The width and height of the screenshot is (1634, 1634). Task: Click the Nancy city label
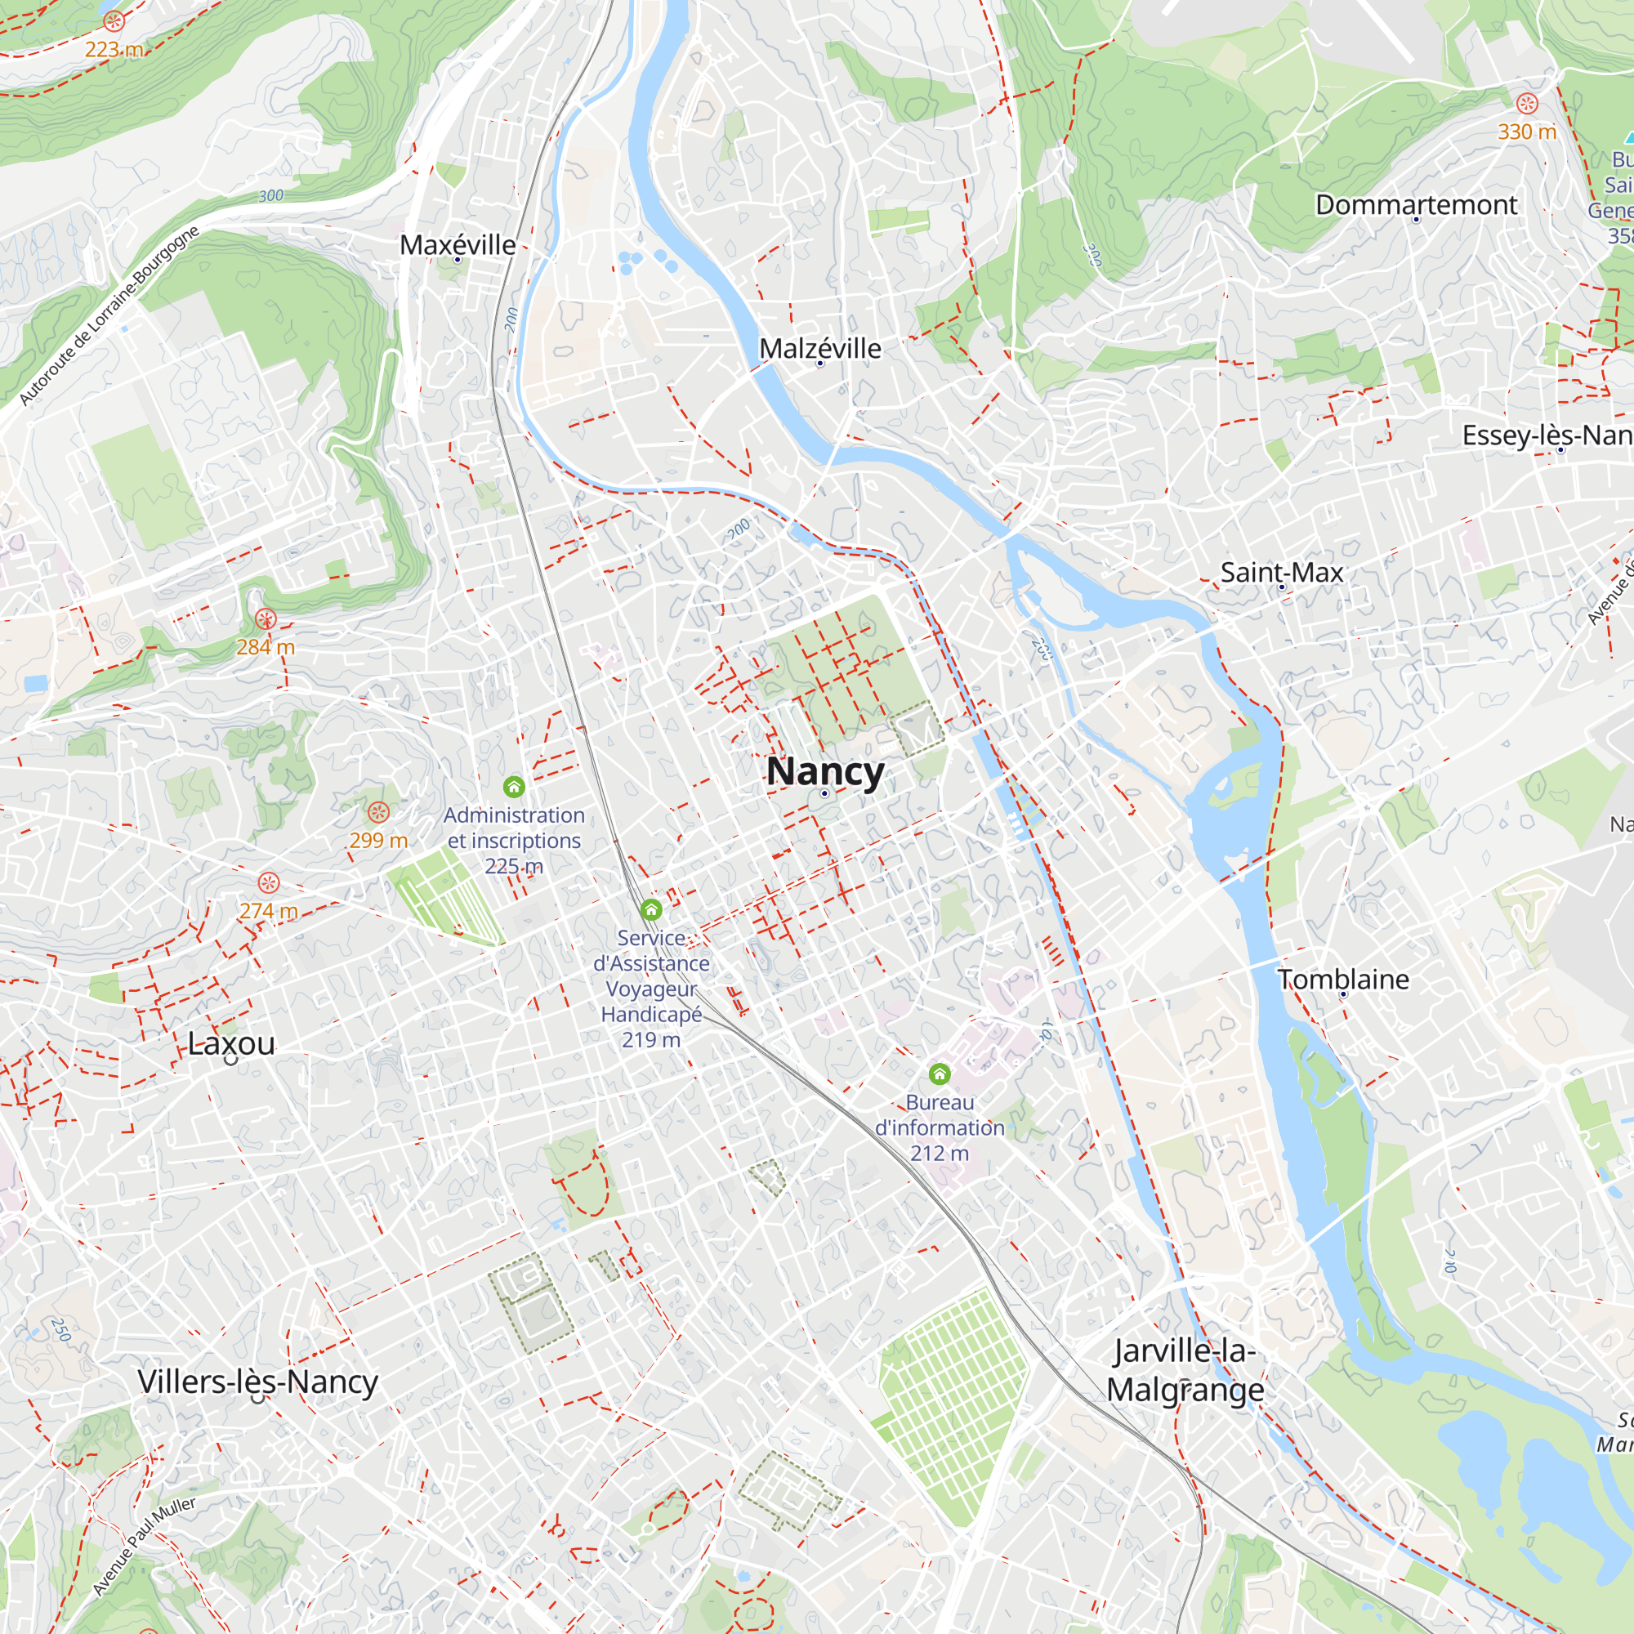[824, 772]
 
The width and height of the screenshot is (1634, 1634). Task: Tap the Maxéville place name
[458, 245]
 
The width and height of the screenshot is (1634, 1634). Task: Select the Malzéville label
[819, 349]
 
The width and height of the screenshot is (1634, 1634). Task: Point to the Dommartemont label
[1416, 205]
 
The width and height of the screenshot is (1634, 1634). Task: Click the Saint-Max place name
[1281, 573]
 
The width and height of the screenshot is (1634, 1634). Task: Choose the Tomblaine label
[1343, 980]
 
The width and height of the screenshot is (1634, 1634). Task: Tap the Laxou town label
[231, 1043]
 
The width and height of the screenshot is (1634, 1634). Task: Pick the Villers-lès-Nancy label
[258, 1382]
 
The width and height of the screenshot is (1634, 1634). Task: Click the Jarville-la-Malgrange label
[1185, 1370]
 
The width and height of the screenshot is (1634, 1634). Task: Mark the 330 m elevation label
[1527, 132]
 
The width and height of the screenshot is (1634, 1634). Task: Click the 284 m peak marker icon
[266, 620]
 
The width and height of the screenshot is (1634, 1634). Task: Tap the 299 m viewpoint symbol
[378, 813]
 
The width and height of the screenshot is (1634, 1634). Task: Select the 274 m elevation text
[268, 911]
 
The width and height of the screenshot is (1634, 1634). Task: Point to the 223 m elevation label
[114, 50]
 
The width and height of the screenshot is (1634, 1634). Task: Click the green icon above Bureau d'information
[940, 1074]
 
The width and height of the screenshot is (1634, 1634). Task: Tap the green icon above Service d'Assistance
[651, 910]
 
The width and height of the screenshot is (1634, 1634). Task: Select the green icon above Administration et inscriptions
[514, 788]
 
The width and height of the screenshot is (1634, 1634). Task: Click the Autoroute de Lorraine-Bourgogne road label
[109, 315]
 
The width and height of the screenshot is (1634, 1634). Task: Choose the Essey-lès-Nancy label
[1547, 435]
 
